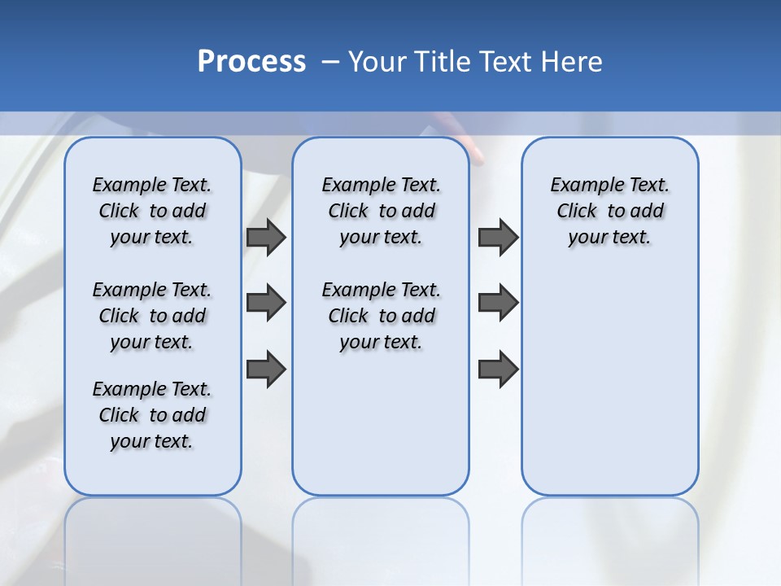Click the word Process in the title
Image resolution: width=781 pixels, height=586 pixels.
251,61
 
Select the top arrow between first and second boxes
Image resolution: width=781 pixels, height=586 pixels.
266,237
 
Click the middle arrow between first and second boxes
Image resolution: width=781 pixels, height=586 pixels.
266,303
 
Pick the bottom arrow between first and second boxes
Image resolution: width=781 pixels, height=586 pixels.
266,369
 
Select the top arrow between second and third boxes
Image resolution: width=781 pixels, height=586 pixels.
498,237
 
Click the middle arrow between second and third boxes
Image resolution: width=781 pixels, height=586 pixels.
498,303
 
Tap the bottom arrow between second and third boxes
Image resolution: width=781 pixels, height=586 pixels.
498,369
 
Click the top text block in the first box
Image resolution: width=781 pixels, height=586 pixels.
152,211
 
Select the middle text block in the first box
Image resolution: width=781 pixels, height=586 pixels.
152,316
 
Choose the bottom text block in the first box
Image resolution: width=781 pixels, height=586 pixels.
152,415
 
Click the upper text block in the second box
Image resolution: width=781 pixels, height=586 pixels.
381,211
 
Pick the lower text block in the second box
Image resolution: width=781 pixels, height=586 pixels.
381,316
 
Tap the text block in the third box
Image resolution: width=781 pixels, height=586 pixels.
610,211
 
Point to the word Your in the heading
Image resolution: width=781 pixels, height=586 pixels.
377,62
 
